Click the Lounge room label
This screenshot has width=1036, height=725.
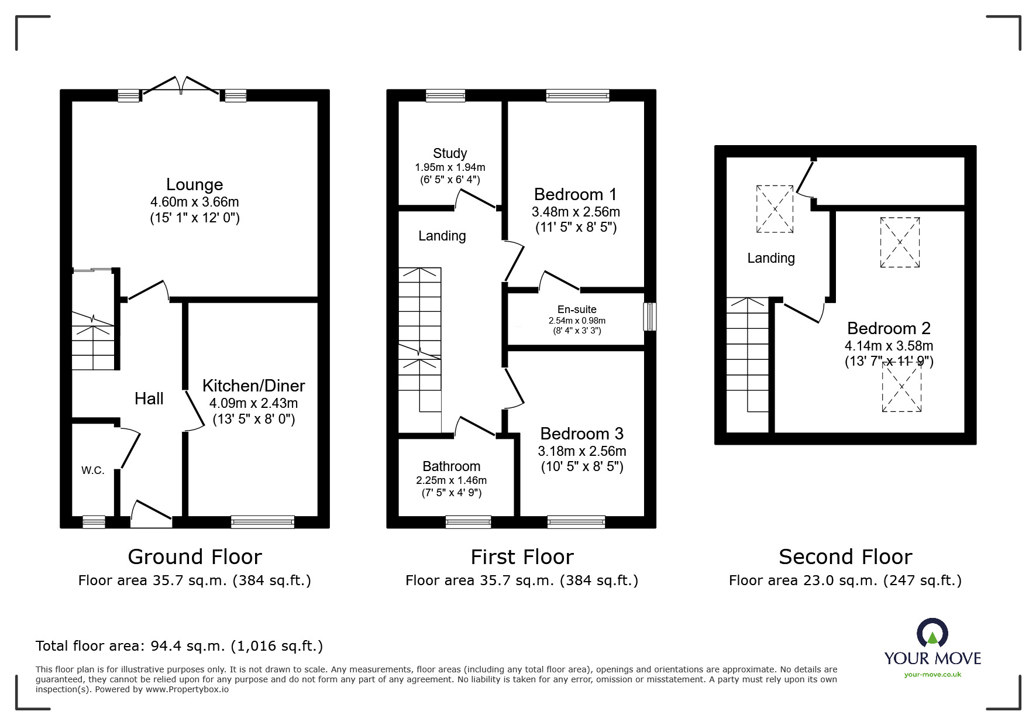coord(194,184)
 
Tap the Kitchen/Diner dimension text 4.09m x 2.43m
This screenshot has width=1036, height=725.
coord(253,403)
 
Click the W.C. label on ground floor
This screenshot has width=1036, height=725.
coord(92,470)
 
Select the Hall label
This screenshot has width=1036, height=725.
coord(149,399)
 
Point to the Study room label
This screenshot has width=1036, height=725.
coord(449,153)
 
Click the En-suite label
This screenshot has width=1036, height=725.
coord(576,310)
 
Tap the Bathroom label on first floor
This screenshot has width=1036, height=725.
coord(451,466)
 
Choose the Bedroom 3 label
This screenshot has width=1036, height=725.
coord(581,434)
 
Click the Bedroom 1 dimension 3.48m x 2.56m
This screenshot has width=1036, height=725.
coord(576,212)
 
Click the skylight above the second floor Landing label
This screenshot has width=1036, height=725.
coord(775,209)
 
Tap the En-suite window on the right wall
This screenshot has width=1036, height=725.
coord(649,317)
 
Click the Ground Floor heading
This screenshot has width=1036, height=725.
coord(194,556)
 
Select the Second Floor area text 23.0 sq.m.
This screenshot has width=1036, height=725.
coord(845,580)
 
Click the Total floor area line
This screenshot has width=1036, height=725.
coord(179,646)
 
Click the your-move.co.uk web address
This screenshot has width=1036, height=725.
coord(932,675)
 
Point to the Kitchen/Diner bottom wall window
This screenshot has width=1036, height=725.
coord(262,521)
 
